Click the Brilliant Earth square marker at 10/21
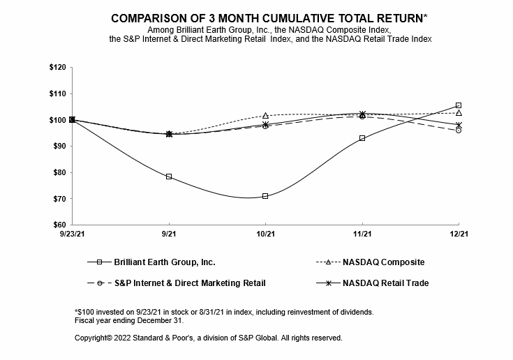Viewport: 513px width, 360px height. tap(265, 196)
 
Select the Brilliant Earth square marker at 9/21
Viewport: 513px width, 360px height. tap(169, 177)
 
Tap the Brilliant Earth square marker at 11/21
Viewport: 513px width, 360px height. tap(362, 138)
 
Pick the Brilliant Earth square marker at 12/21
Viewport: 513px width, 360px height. tap(459, 105)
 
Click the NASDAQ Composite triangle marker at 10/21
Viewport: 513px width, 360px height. tap(265, 115)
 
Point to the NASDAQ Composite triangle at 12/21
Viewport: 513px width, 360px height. tap(459, 112)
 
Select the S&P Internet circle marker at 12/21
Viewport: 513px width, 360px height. tap(459, 130)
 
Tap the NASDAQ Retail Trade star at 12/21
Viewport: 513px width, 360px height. tap(459, 125)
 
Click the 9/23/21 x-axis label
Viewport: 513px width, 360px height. tap(73, 235)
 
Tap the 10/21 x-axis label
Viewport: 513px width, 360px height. tap(265, 235)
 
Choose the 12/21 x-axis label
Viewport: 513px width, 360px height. tap(459, 235)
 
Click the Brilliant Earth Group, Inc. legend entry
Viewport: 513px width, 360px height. tap(163, 262)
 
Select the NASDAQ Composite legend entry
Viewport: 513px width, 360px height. tap(383, 262)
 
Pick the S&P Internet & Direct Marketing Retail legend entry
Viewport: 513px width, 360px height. tap(188, 283)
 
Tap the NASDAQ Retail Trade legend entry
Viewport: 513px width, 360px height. tap(385, 283)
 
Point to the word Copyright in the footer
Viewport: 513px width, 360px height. tap(92, 338)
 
